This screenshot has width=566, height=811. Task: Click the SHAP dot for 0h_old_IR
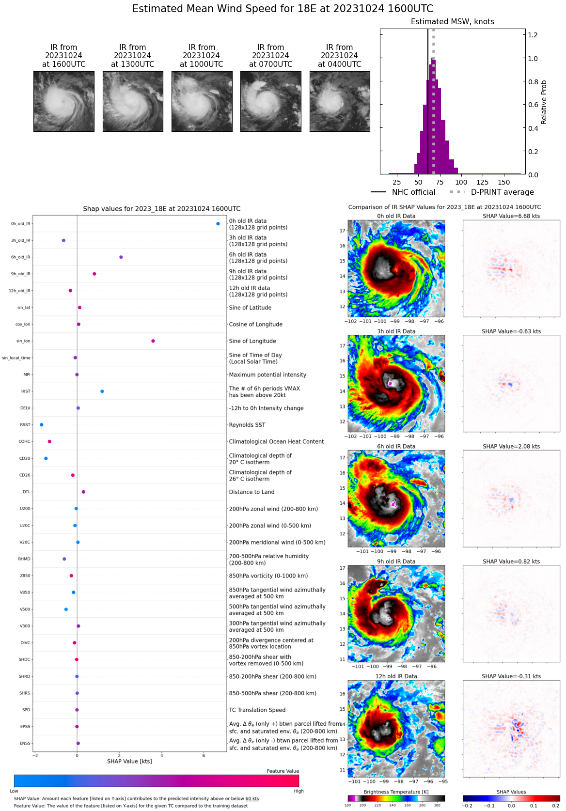point(218,224)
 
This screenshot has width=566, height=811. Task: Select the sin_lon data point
point(153,341)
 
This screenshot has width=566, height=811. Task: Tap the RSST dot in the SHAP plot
point(42,425)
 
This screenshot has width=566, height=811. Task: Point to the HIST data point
point(102,391)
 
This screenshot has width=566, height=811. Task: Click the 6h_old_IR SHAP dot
point(121,257)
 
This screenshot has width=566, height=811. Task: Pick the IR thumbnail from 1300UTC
point(133,101)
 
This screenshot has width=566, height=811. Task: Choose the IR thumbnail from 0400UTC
point(340,101)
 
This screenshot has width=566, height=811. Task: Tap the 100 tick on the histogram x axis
point(461,182)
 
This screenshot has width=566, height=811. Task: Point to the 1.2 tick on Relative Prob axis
point(533,35)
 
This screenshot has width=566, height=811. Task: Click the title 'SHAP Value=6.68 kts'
point(511,216)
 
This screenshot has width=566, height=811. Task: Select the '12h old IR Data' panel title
point(396,676)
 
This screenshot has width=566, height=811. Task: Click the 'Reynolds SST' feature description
point(247,425)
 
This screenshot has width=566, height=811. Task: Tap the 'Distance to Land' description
point(252,492)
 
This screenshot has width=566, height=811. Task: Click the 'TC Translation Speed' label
point(257,710)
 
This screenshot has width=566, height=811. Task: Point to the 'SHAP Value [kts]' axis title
point(129,761)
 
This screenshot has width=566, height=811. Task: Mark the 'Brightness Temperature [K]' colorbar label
point(396,792)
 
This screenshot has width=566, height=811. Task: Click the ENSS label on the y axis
point(25,743)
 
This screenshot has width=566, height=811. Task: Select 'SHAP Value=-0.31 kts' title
point(511,676)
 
